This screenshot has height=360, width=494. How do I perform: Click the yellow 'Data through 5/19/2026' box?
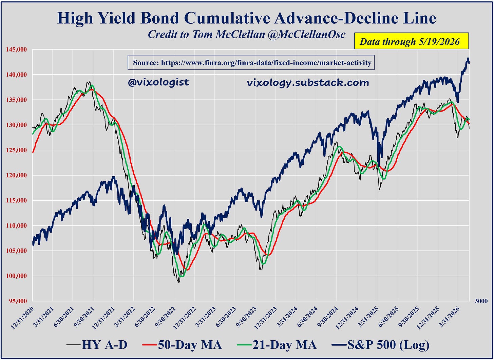pyautogui.click(x=411, y=41)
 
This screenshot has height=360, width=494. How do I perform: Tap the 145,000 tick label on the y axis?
pyautogui.click(x=16, y=49)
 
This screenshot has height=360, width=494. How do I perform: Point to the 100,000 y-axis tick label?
pyautogui.click(x=16, y=276)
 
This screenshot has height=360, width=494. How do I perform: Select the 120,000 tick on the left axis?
pyautogui.click(x=16, y=175)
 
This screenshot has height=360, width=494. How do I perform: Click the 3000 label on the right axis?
pyautogui.click(x=481, y=301)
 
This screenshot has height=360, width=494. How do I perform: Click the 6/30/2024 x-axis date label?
pyautogui.click(x=308, y=317)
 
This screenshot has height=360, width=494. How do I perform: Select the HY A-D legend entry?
pyautogui.click(x=97, y=345)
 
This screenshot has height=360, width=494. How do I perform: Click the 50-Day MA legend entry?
pyautogui.click(x=182, y=345)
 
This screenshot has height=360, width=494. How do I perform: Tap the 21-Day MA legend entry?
pyautogui.click(x=277, y=345)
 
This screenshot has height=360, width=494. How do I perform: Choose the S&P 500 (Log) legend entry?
pyautogui.click(x=380, y=345)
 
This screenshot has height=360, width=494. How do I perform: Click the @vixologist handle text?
pyautogui.click(x=158, y=82)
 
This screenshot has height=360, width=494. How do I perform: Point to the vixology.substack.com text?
pyautogui.click(x=308, y=83)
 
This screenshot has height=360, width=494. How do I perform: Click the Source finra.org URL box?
pyautogui.click(x=251, y=63)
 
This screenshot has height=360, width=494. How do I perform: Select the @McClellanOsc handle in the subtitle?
pyautogui.click(x=307, y=34)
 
